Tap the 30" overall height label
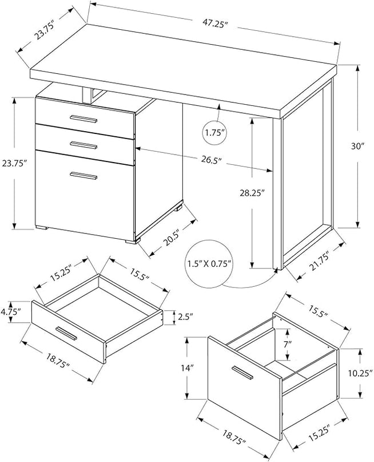[x=358, y=146]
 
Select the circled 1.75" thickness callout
[x=215, y=133]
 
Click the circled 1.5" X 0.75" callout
[x=210, y=264]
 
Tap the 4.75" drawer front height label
[x=11, y=312]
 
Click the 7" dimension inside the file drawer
[x=287, y=344]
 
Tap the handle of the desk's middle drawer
[x=84, y=144]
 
